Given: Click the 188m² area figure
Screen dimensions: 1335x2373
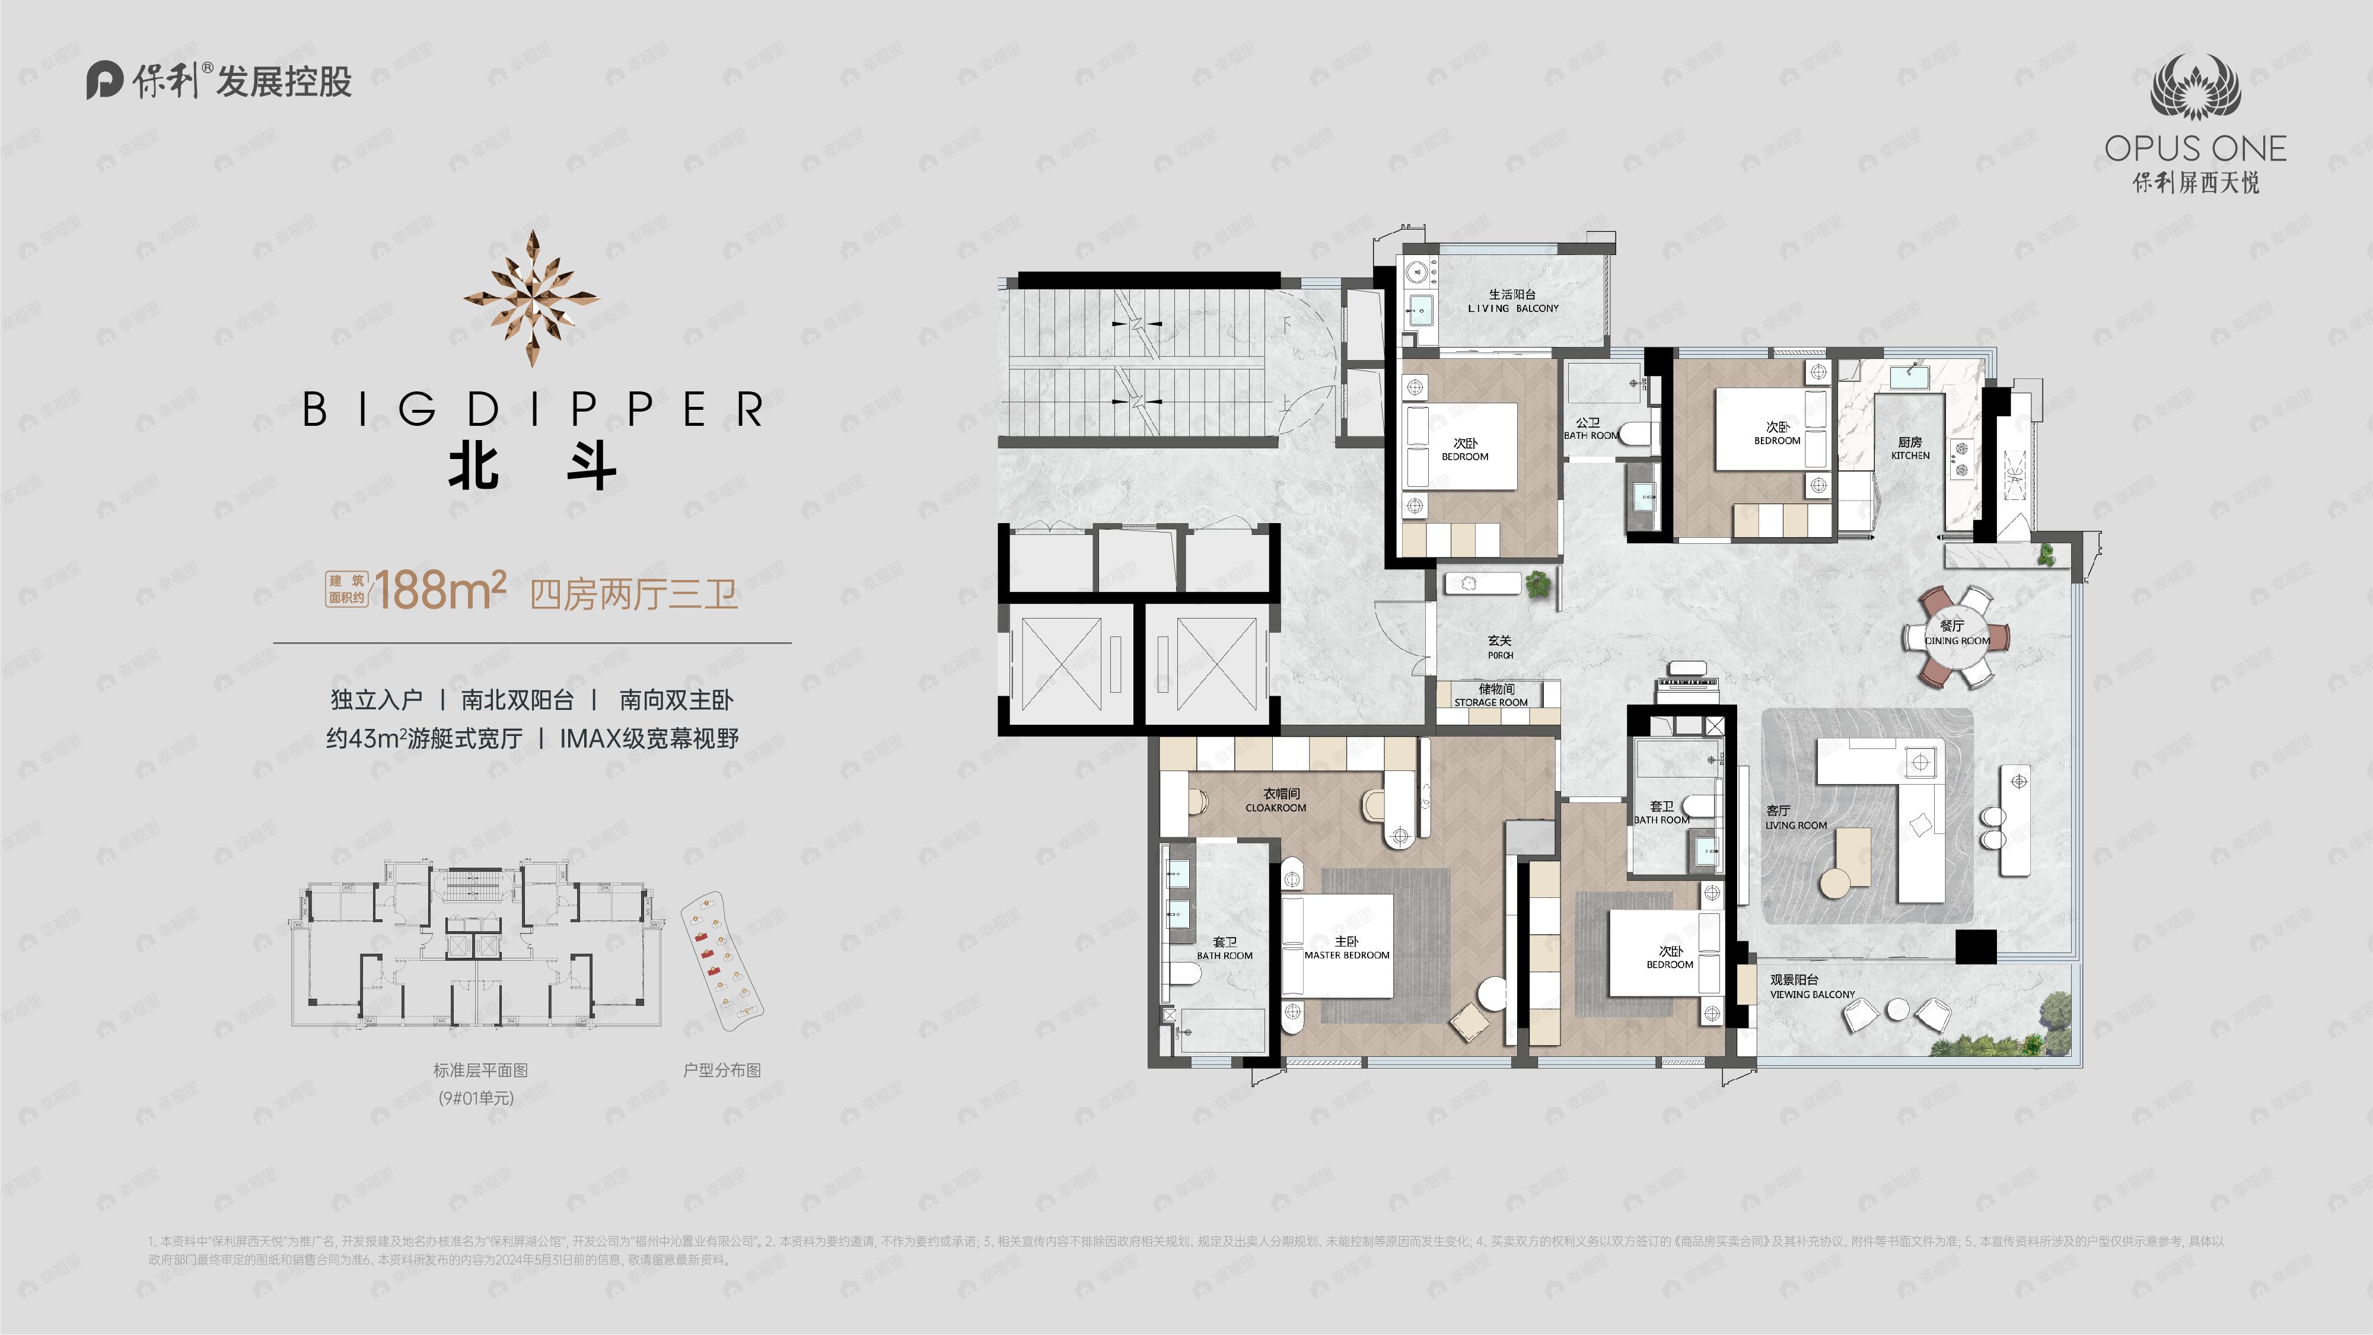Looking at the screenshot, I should click(x=440, y=591).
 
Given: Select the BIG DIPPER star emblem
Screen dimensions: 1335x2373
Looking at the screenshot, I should click(x=531, y=298).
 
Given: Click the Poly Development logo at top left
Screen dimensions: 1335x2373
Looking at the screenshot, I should click(x=219, y=81).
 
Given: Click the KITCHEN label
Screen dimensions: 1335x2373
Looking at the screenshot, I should click(x=1910, y=449).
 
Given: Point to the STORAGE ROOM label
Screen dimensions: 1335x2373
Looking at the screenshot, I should click(x=1490, y=696).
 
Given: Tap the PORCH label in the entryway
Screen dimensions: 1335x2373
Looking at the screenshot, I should click(x=1500, y=647).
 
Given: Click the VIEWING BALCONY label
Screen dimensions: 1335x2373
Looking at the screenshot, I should click(x=1811, y=987).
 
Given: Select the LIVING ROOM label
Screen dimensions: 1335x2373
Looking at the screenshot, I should click(x=1795, y=817).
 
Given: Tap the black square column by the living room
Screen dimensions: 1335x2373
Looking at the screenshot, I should click(x=1976, y=946).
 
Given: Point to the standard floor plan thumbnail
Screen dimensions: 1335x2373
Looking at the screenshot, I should click(x=477, y=944).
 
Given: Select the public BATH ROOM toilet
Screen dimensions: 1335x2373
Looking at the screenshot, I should click(x=1636, y=433).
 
